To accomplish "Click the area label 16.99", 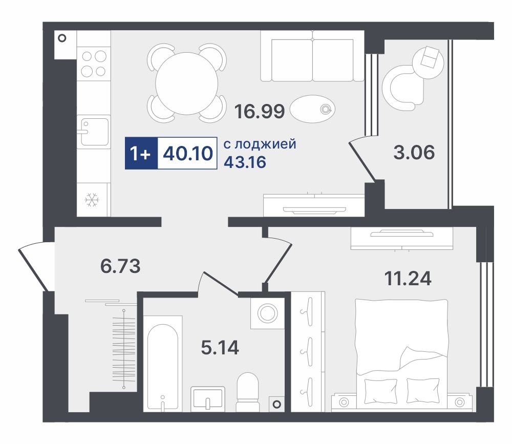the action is click(x=260, y=111).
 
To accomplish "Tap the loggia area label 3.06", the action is click(x=414, y=152).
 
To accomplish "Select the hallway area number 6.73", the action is click(x=120, y=266).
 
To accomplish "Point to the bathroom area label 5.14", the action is click(x=220, y=348).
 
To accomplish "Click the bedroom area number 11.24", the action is click(x=408, y=279).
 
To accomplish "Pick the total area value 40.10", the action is click(x=188, y=153).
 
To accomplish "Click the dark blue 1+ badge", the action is click(x=141, y=153).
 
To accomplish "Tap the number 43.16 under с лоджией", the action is click(x=245, y=162).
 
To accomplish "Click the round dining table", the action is click(x=187, y=83).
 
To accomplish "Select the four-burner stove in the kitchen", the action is click(x=94, y=64).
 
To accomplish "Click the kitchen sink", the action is click(x=94, y=132).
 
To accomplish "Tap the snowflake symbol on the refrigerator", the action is click(x=92, y=200).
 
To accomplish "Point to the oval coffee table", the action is click(x=312, y=109).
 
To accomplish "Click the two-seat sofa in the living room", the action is click(x=312, y=56).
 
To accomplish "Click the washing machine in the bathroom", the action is click(x=268, y=313).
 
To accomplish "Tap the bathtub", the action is click(x=163, y=363).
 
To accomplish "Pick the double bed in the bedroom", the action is click(x=401, y=353).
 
